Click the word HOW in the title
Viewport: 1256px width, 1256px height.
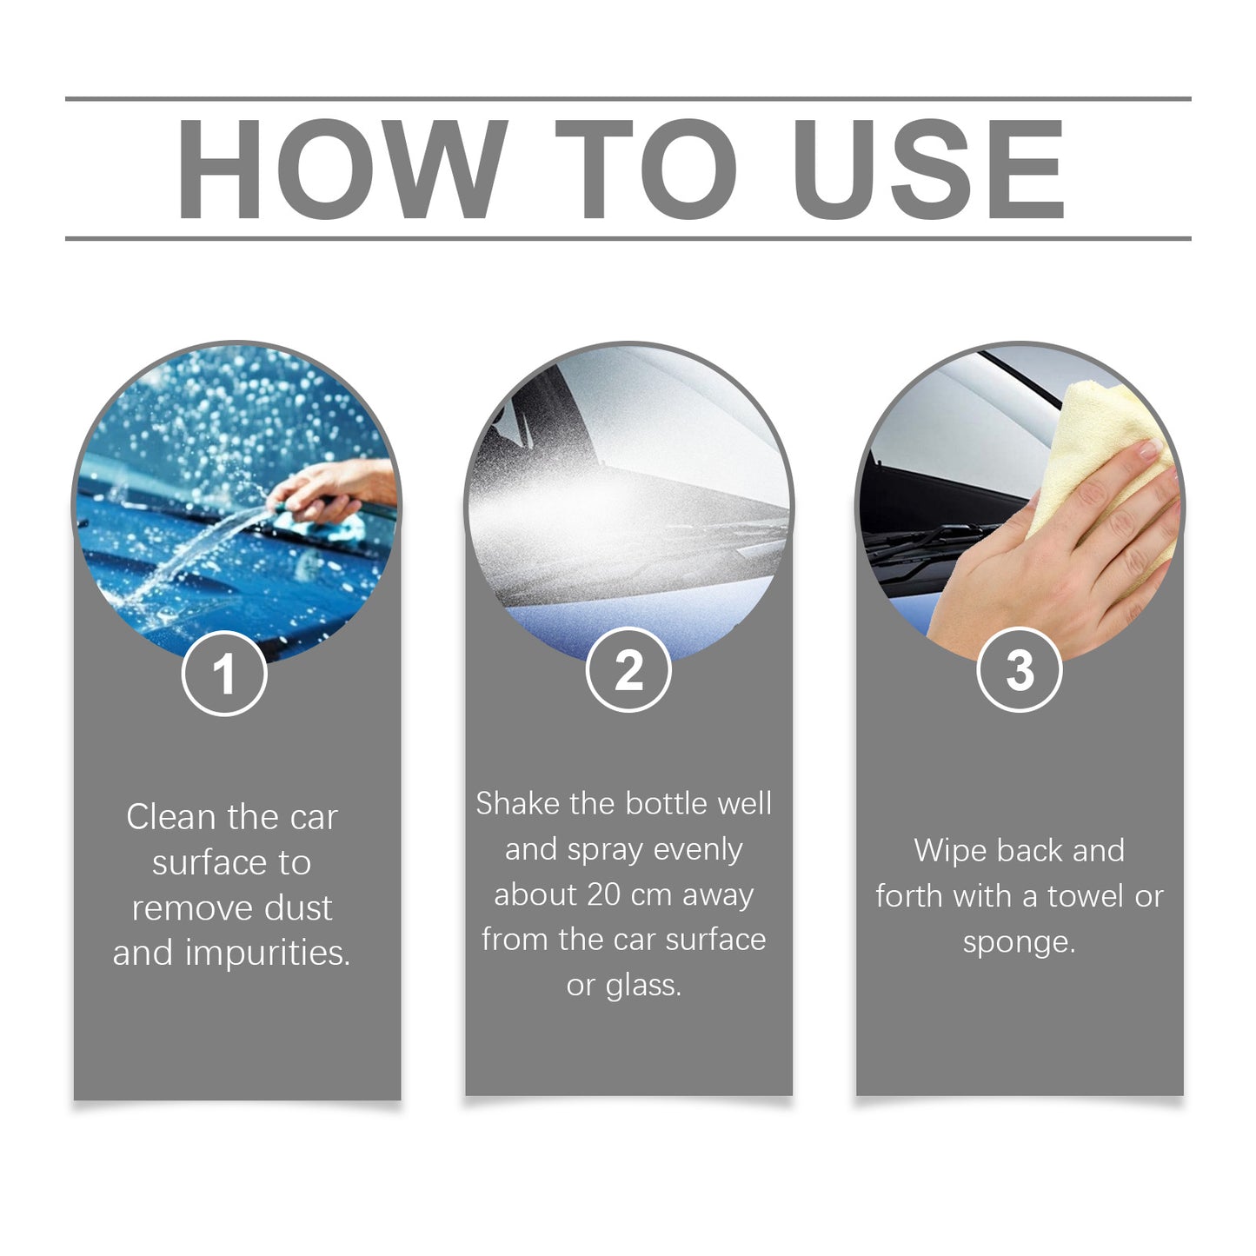coord(342,169)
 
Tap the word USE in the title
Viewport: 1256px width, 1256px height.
coord(927,169)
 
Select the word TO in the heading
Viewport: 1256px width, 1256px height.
coord(646,169)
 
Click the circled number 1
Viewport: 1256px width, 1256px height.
coord(224,674)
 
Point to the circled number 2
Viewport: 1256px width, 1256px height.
coord(628,670)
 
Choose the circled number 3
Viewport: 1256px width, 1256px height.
coord(1020,670)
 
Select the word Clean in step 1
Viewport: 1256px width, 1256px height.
coord(170,817)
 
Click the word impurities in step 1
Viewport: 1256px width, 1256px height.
coord(268,954)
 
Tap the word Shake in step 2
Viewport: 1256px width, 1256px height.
coord(518,804)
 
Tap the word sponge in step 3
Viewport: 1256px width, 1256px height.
coord(1019,942)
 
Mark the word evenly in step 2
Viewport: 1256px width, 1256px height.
coord(698,849)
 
